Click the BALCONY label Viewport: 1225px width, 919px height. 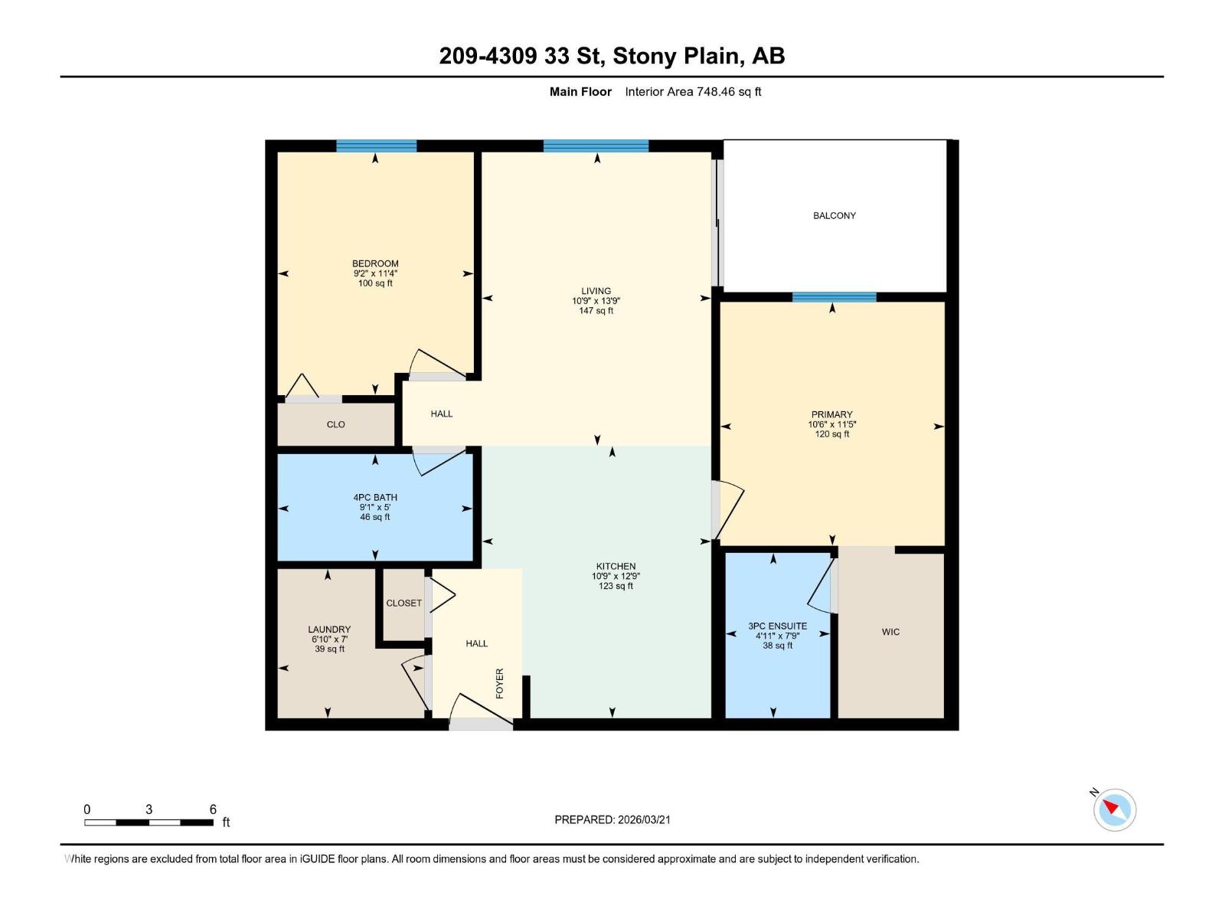[x=834, y=215]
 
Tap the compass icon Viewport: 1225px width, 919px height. [x=1114, y=809]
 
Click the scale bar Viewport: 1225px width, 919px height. [x=149, y=823]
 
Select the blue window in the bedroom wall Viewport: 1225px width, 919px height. [x=376, y=146]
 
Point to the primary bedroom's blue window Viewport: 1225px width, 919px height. [x=834, y=297]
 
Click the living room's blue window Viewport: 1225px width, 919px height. [x=596, y=146]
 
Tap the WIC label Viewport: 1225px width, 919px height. [x=890, y=632]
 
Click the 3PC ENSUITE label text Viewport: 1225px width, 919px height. [x=777, y=626]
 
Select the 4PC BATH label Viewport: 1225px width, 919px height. [x=375, y=497]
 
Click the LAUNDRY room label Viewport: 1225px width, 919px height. [x=329, y=630]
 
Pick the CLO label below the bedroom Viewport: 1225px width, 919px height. [x=335, y=424]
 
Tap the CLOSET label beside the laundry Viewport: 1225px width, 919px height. [x=403, y=603]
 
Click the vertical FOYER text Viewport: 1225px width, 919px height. [x=500, y=683]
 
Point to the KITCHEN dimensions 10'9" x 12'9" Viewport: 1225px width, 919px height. [x=616, y=577]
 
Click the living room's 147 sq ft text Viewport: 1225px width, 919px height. [x=596, y=311]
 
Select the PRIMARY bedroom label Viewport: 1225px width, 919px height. [x=831, y=414]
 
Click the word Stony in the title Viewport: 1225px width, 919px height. [x=644, y=56]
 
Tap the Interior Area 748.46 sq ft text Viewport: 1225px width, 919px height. [x=693, y=92]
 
